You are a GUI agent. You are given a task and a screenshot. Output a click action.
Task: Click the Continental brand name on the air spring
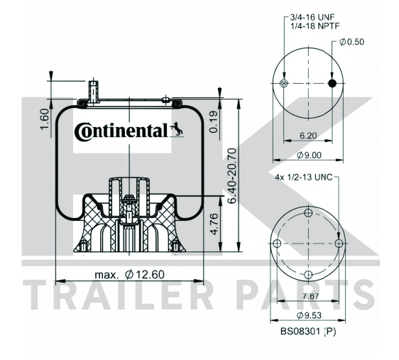pyautogui.click(x=121, y=131)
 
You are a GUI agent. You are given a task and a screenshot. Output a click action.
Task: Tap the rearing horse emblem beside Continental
pyautogui.click(x=177, y=129)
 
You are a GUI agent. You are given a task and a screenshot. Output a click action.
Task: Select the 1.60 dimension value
pyautogui.click(x=45, y=119)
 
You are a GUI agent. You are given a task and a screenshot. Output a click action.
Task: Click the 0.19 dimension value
pyautogui.click(x=214, y=122)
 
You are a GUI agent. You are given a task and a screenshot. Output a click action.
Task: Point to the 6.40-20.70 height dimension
pyautogui.click(x=232, y=176)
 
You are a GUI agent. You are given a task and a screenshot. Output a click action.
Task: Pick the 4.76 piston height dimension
pyautogui.click(x=214, y=224)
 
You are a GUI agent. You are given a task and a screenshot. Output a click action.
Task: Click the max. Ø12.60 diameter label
pyautogui.click(x=129, y=275)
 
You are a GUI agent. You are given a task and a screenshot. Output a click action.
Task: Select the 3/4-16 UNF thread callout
pyautogui.click(x=312, y=17)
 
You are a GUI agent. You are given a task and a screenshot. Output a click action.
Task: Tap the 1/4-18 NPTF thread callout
pyautogui.click(x=315, y=26)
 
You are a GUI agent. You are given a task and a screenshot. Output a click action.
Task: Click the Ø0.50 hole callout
pyautogui.click(x=351, y=42)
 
